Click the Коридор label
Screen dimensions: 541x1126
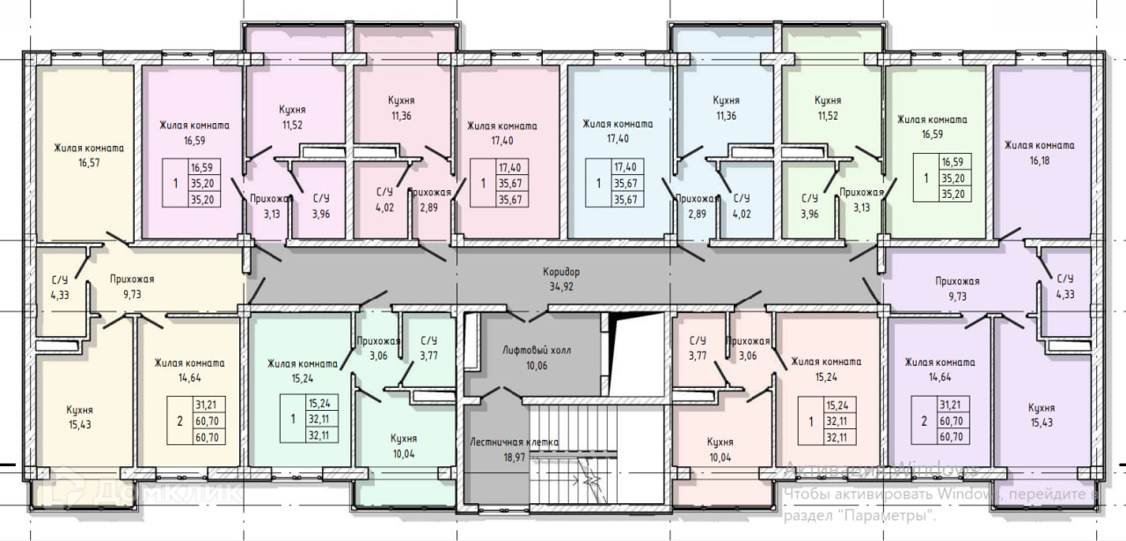[561, 273]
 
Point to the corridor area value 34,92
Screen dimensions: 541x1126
[561, 286]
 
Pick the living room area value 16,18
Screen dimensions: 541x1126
[1039, 161]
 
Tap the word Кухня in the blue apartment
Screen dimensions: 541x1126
[726, 100]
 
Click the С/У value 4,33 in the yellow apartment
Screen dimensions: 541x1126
[61, 295]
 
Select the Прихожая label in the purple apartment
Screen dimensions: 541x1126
[957, 281]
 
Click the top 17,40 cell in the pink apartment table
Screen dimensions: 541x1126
[509, 167]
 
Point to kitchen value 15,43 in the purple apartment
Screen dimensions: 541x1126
[1041, 423]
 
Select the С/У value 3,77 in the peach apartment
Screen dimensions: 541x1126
[698, 355]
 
